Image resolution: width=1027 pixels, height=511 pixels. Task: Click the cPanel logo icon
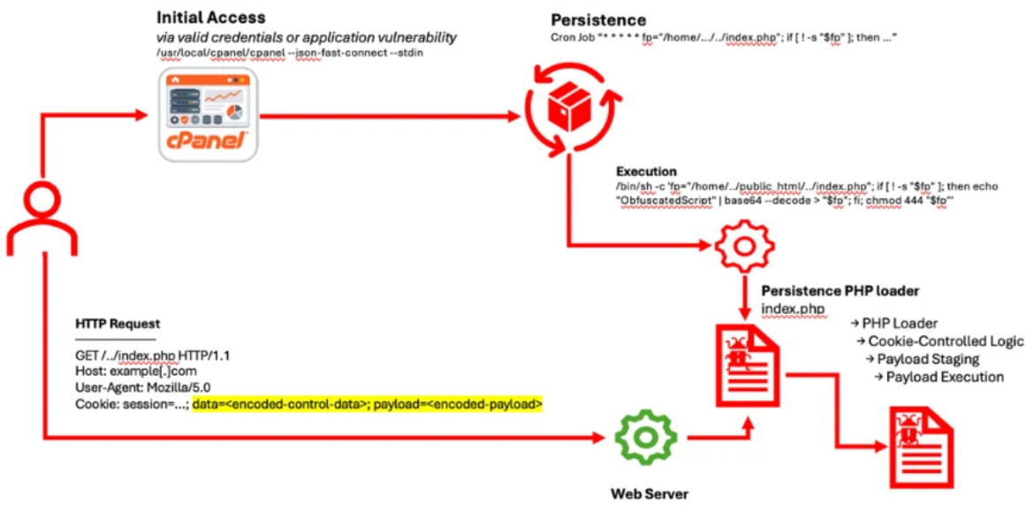(208, 116)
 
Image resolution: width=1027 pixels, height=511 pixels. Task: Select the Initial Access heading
(210, 18)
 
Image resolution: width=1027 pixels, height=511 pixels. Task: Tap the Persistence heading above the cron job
(598, 19)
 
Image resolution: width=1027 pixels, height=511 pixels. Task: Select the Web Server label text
(650, 492)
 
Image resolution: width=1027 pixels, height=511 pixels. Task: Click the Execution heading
(646, 172)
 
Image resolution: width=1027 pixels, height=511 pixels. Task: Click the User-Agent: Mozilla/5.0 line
(142, 387)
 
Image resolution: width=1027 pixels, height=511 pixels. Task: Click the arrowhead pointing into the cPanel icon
(141, 114)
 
